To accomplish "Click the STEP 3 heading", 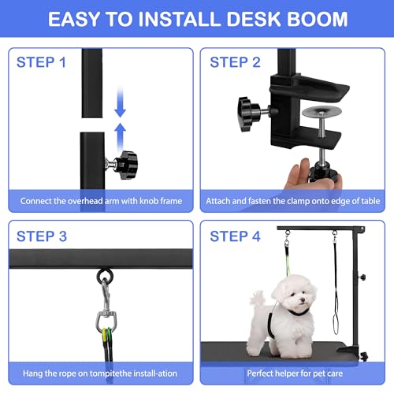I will coord(53,236).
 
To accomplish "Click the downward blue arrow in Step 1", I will coord(120,100).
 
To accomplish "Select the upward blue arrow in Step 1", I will coord(120,131).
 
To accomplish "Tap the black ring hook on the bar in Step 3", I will coord(104,277).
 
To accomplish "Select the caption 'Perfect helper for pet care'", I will coord(292,374).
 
